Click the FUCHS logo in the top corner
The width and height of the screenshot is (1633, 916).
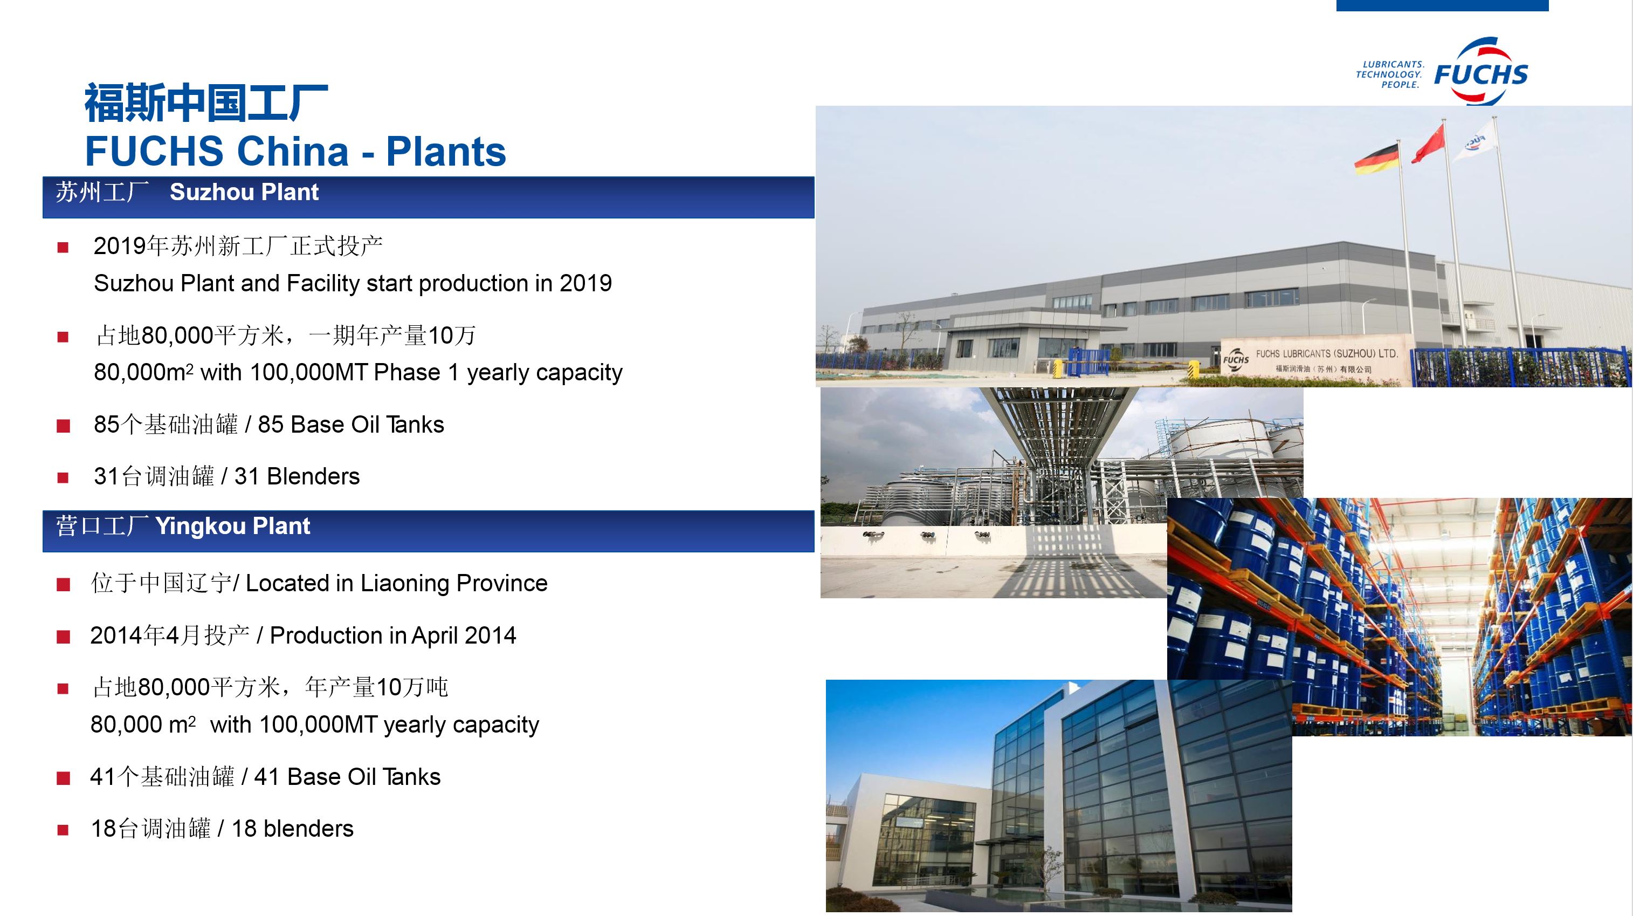pyautogui.click(x=1480, y=72)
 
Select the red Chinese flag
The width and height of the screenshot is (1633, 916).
pyautogui.click(x=1429, y=144)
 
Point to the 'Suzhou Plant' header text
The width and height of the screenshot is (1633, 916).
pyautogui.click(x=244, y=192)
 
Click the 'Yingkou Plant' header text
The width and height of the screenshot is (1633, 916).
pyautogui.click(x=233, y=526)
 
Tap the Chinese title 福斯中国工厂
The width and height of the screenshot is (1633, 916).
pyautogui.click(x=206, y=102)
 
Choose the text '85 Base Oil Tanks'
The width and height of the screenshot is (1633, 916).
pyautogui.click(x=351, y=425)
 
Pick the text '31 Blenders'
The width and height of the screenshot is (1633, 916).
pyautogui.click(x=297, y=476)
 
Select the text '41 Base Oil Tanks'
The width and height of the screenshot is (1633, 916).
pyautogui.click(x=347, y=777)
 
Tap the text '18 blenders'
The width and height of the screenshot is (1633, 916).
pyautogui.click(x=292, y=829)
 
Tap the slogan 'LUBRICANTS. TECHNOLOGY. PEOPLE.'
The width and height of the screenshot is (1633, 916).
pyautogui.click(x=1390, y=74)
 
